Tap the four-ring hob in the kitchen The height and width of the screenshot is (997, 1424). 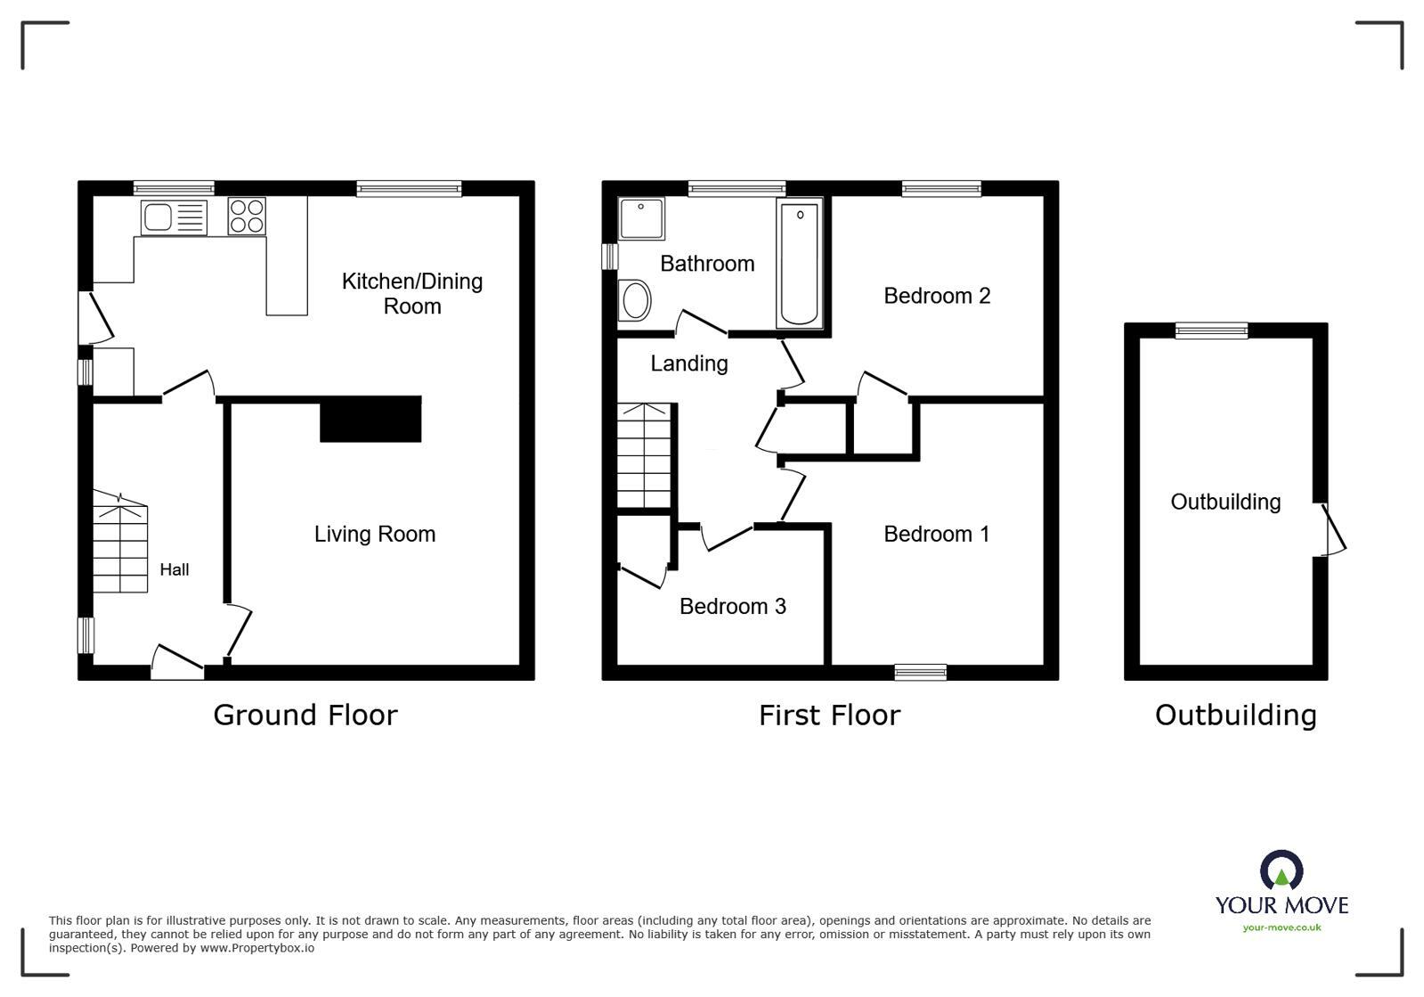coord(247,216)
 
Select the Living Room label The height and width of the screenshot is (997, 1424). coord(374,534)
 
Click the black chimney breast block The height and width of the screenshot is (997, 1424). coord(370,420)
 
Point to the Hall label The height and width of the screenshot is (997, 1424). coord(174,569)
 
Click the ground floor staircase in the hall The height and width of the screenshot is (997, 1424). coord(120,548)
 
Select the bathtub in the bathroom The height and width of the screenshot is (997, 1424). coord(799,263)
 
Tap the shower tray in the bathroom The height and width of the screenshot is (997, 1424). coord(641,218)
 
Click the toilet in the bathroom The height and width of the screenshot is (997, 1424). coord(635,299)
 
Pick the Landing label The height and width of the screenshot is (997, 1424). coord(688,364)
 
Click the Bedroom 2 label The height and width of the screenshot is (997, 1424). coord(937,296)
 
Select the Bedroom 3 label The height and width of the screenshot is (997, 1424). coord(732,607)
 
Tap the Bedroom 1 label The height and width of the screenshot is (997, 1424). coord(936,534)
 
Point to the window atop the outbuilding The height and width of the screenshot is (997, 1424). coord(1211,331)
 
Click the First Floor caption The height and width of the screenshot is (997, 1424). coord(829,715)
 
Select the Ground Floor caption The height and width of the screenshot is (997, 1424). coord(305,715)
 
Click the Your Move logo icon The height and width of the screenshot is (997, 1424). coord(1282,870)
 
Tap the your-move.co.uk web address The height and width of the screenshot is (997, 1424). coord(1282,928)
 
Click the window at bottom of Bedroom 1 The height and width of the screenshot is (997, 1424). coord(921,673)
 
